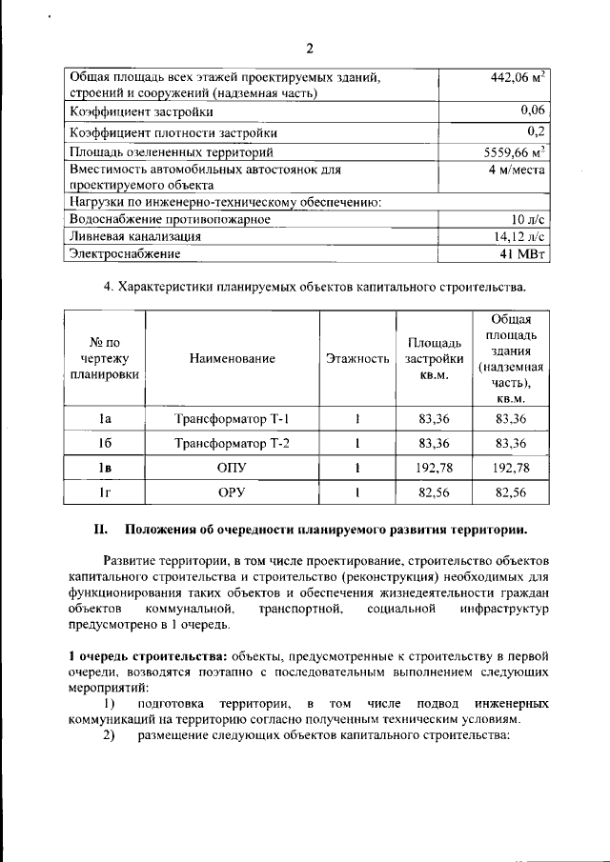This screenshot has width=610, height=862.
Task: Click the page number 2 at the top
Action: pos(309,49)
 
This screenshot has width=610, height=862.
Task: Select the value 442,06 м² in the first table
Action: pos(513,76)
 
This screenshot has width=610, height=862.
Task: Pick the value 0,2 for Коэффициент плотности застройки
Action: pos(535,131)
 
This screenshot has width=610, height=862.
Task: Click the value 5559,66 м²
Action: pos(514,150)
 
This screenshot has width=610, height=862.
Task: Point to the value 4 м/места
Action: pos(516,169)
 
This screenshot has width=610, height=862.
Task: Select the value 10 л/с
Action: pos(526,219)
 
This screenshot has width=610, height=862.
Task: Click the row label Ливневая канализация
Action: pos(133,236)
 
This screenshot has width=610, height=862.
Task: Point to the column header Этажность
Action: pos(357,359)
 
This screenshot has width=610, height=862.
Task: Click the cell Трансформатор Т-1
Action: pos(232,419)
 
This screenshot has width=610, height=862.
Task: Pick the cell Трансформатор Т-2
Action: pos(232,444)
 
